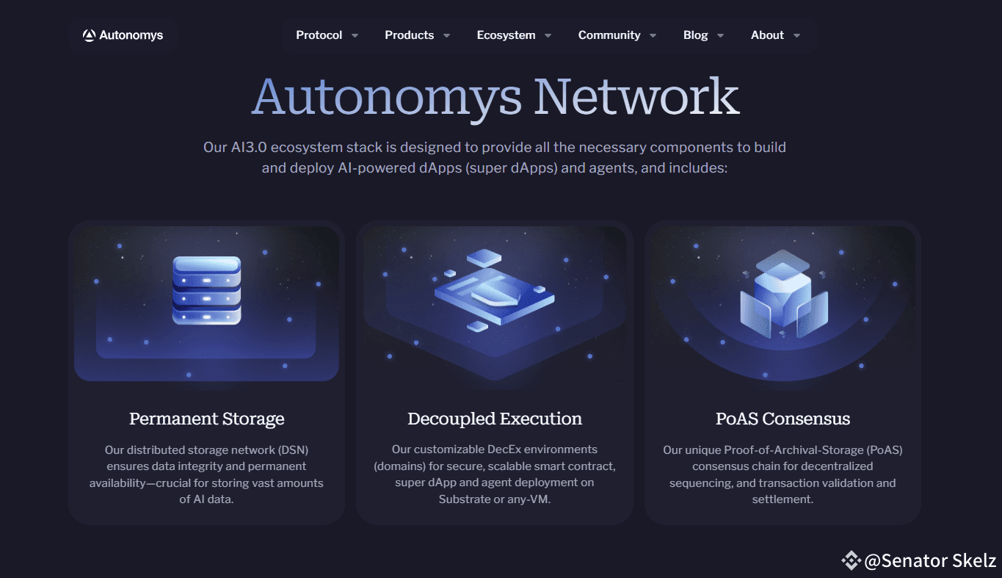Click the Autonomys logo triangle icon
(89, 35)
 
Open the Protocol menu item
(319, 35)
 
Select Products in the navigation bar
(410, 35)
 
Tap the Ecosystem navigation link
(506, 35)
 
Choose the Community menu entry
(609, 35)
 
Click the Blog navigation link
(696, 35)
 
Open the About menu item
(767, 35)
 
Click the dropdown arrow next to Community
(653, 36)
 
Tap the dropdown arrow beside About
(796, 36)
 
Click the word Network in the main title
(636, 97)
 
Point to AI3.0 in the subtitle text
(249, 148)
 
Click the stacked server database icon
(207, 290)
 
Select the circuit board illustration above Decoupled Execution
(494, 291)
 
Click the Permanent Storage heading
(207, 419)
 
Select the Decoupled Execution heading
(495, 419)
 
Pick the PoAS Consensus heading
(783, 419)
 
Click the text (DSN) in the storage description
(293, 450)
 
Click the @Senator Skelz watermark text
(930, 560)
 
